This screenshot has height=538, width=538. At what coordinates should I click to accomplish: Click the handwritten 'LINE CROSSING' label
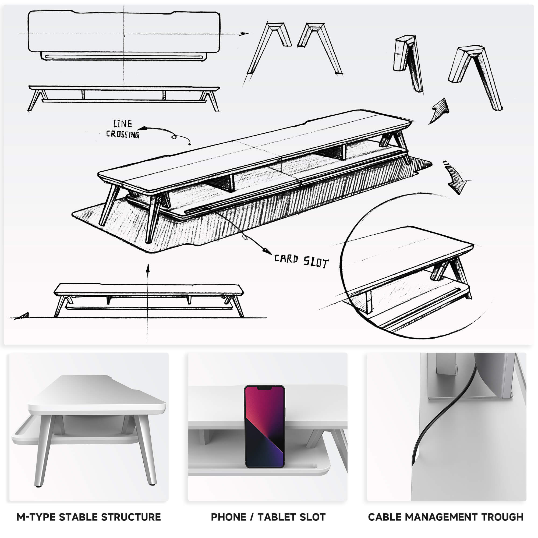click(122, 129)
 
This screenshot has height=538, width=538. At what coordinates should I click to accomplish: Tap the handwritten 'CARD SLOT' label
click(301, 261)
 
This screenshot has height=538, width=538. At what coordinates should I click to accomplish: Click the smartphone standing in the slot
click(264, 426)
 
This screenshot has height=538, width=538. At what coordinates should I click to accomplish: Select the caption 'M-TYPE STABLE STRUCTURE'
click(89, 517)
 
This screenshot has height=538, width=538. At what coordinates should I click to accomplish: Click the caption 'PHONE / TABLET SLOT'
click(268, 517)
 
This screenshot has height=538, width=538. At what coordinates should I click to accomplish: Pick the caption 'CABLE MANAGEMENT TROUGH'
click(446, 517)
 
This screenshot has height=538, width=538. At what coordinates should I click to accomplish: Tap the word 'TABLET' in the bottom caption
click(277, 517)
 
